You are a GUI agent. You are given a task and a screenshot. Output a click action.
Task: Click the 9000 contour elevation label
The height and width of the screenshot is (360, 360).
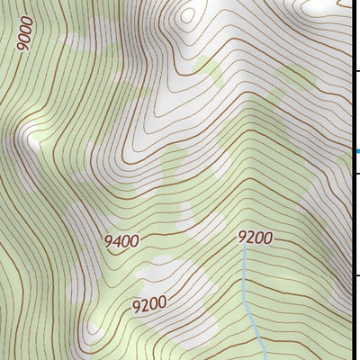click(x=25, y=33)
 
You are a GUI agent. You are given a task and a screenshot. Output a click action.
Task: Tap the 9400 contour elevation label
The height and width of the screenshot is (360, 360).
click(x=121, y=241)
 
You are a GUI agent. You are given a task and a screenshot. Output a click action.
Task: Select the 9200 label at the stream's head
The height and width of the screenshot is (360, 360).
click(x=255, y=238)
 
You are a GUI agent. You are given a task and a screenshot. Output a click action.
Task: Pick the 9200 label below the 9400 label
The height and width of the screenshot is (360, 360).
click(x=149, y=304)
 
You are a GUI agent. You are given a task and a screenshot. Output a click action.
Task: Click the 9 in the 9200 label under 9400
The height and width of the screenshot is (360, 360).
click(x=137, y=307)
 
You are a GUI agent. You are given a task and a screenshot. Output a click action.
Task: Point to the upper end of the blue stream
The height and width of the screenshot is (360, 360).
click(x=244, y=248)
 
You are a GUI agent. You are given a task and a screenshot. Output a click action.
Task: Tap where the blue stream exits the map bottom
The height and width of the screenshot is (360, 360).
click(x=262, y=357)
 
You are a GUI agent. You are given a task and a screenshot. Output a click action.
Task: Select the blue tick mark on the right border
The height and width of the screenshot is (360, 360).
click(x=355, y=150)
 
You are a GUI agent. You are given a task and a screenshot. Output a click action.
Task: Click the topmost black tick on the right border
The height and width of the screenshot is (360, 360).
click(x=355, y=71)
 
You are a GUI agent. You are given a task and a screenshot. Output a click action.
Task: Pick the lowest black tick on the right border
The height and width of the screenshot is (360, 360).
click(x=355, y=274)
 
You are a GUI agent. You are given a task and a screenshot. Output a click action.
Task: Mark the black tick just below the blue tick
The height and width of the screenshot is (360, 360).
click(x=355, y=173)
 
